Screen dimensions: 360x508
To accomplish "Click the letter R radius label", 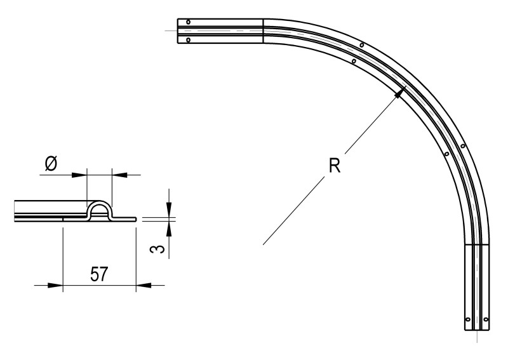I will [334, 166].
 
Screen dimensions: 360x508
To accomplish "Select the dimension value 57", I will [98, 274].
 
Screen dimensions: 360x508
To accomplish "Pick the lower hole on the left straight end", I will [189, 39].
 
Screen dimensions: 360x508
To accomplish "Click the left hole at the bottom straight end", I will [468, 319].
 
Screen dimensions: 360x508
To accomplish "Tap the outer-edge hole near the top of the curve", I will [361, 45].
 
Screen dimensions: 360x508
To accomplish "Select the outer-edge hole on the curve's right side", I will [463, 146].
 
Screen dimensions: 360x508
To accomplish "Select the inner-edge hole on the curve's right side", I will [447, 154].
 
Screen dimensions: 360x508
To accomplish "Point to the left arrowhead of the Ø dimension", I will [80, 173].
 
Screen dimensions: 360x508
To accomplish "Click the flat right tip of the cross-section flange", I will [134, 218].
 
